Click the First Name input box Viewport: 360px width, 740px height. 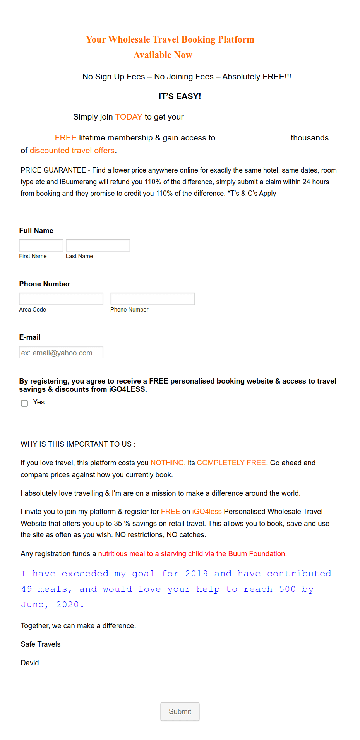pyautogui.click(x=41, y=245)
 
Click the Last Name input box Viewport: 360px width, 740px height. pyautogui.click(x=98, y=245)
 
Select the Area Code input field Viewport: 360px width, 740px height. pyautogui.click(x=61, y=298)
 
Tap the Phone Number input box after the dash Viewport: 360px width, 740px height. pyautogui.click(x=153, y=298)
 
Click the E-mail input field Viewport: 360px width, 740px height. pyautogui.click(x=61, y=352)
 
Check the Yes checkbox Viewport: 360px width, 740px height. pyautogui.click(x=24, y=403)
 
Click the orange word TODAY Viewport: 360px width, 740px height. pyautogui.click(x=129, y=117)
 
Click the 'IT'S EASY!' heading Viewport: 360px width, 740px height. pyautogui.click(x=180, y=96)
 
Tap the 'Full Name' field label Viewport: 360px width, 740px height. pyautogui.click(x=36, y=231)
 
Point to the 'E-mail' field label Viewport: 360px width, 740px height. pyautogui.click(x=30, y=337)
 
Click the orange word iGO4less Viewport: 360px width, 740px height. pyautogui.click(x=207, y=512)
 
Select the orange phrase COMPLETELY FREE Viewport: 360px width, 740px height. pyautogui.click(x=231, y=463)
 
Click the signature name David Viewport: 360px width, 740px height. pyautogui.click(x=30, y=663)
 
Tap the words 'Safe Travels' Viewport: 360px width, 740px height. pyautogui.click(x=41, y=644)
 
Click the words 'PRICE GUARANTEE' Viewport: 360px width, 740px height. pyautogui.click(x=53, y=170)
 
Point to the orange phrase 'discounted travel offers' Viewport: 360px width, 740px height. pyautogui.click(x=72, y=151)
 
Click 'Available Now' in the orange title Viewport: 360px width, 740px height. pyautogui.click(x=163, y=55)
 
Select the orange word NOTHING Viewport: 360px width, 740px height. pyautogui.click(x=168, y=463)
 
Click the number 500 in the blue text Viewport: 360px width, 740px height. pyautogui.click(x=287, y=589)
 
